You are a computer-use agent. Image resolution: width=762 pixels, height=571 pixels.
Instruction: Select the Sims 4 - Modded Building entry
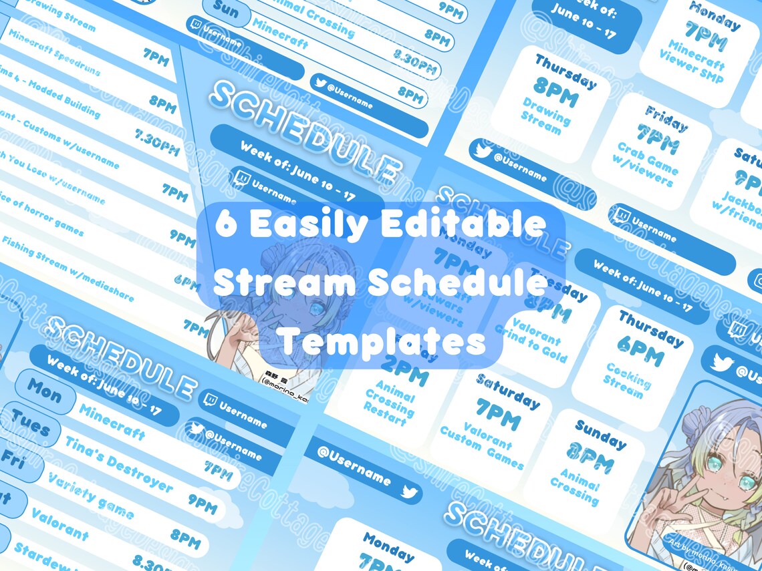point(51,97)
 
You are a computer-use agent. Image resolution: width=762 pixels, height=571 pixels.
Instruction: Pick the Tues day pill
point(30,425)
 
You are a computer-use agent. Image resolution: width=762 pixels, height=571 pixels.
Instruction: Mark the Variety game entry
point(91,494)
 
